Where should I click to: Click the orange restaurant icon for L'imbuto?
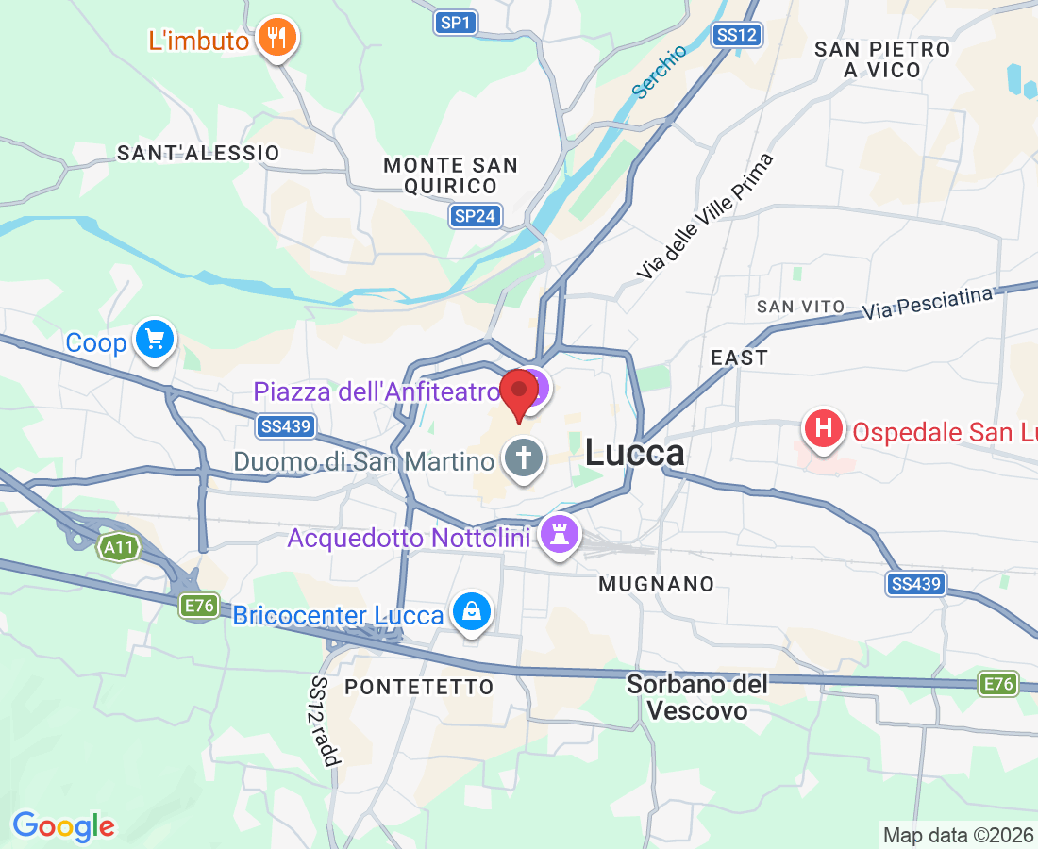tap(276, 38)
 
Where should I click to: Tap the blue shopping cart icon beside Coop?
tap(155, 339)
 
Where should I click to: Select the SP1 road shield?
tap(457, 22)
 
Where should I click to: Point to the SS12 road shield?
tap(737, 35)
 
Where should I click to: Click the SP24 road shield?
tap(475, 216)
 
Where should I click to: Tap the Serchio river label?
tap(659, 72)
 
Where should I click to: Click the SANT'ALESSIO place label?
tap(198, 153)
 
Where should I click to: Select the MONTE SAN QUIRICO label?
tap(450, 175)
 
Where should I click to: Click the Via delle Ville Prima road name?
tap(705, 216)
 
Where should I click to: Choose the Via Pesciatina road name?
tap(928, 304)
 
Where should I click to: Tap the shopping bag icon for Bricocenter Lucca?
tap(470, 612)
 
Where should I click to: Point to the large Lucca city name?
tap(634, 453)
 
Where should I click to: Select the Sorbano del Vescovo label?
tap(698, 696)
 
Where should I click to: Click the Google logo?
tap(64, 826)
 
